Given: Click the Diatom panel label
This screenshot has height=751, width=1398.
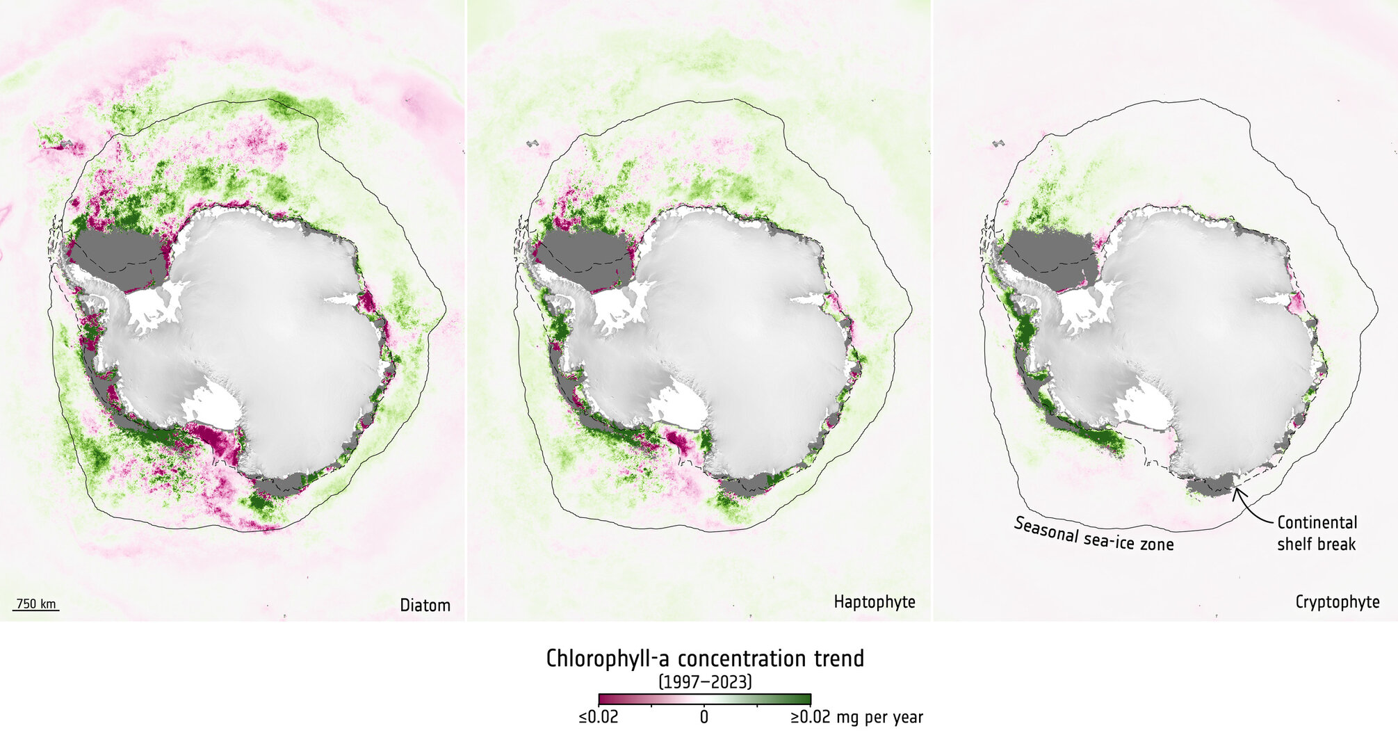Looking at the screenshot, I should click(x=425, y=605).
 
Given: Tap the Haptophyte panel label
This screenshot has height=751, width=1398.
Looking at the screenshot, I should click(x=874, y=602).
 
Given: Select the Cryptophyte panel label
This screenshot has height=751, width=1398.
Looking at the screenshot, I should click(x=1337, y=602).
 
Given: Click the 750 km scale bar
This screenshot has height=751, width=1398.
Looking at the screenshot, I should click(x=36, y=605).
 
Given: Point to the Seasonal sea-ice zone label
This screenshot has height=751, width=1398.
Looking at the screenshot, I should click(x=1094, y=535).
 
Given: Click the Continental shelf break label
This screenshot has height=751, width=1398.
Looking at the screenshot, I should click(x=1317, y=533).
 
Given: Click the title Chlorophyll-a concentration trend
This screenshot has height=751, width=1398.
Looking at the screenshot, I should click(x=705, y=659).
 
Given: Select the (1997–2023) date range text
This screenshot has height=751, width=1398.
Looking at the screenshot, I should click(x=705, y=681).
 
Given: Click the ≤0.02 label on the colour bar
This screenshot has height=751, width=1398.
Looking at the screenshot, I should click(x=598, y=717).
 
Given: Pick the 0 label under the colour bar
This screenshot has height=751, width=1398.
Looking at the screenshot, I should click(x=704, y=717).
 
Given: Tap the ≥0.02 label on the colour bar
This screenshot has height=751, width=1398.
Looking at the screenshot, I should click(x=811, y=717).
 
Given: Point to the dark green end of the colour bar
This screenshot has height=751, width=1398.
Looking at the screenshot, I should click(x=803, y=700).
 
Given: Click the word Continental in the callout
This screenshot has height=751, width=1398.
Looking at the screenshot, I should click(x=1317, y=523).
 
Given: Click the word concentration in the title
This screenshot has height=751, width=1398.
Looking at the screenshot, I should click(x=741, y=659).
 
